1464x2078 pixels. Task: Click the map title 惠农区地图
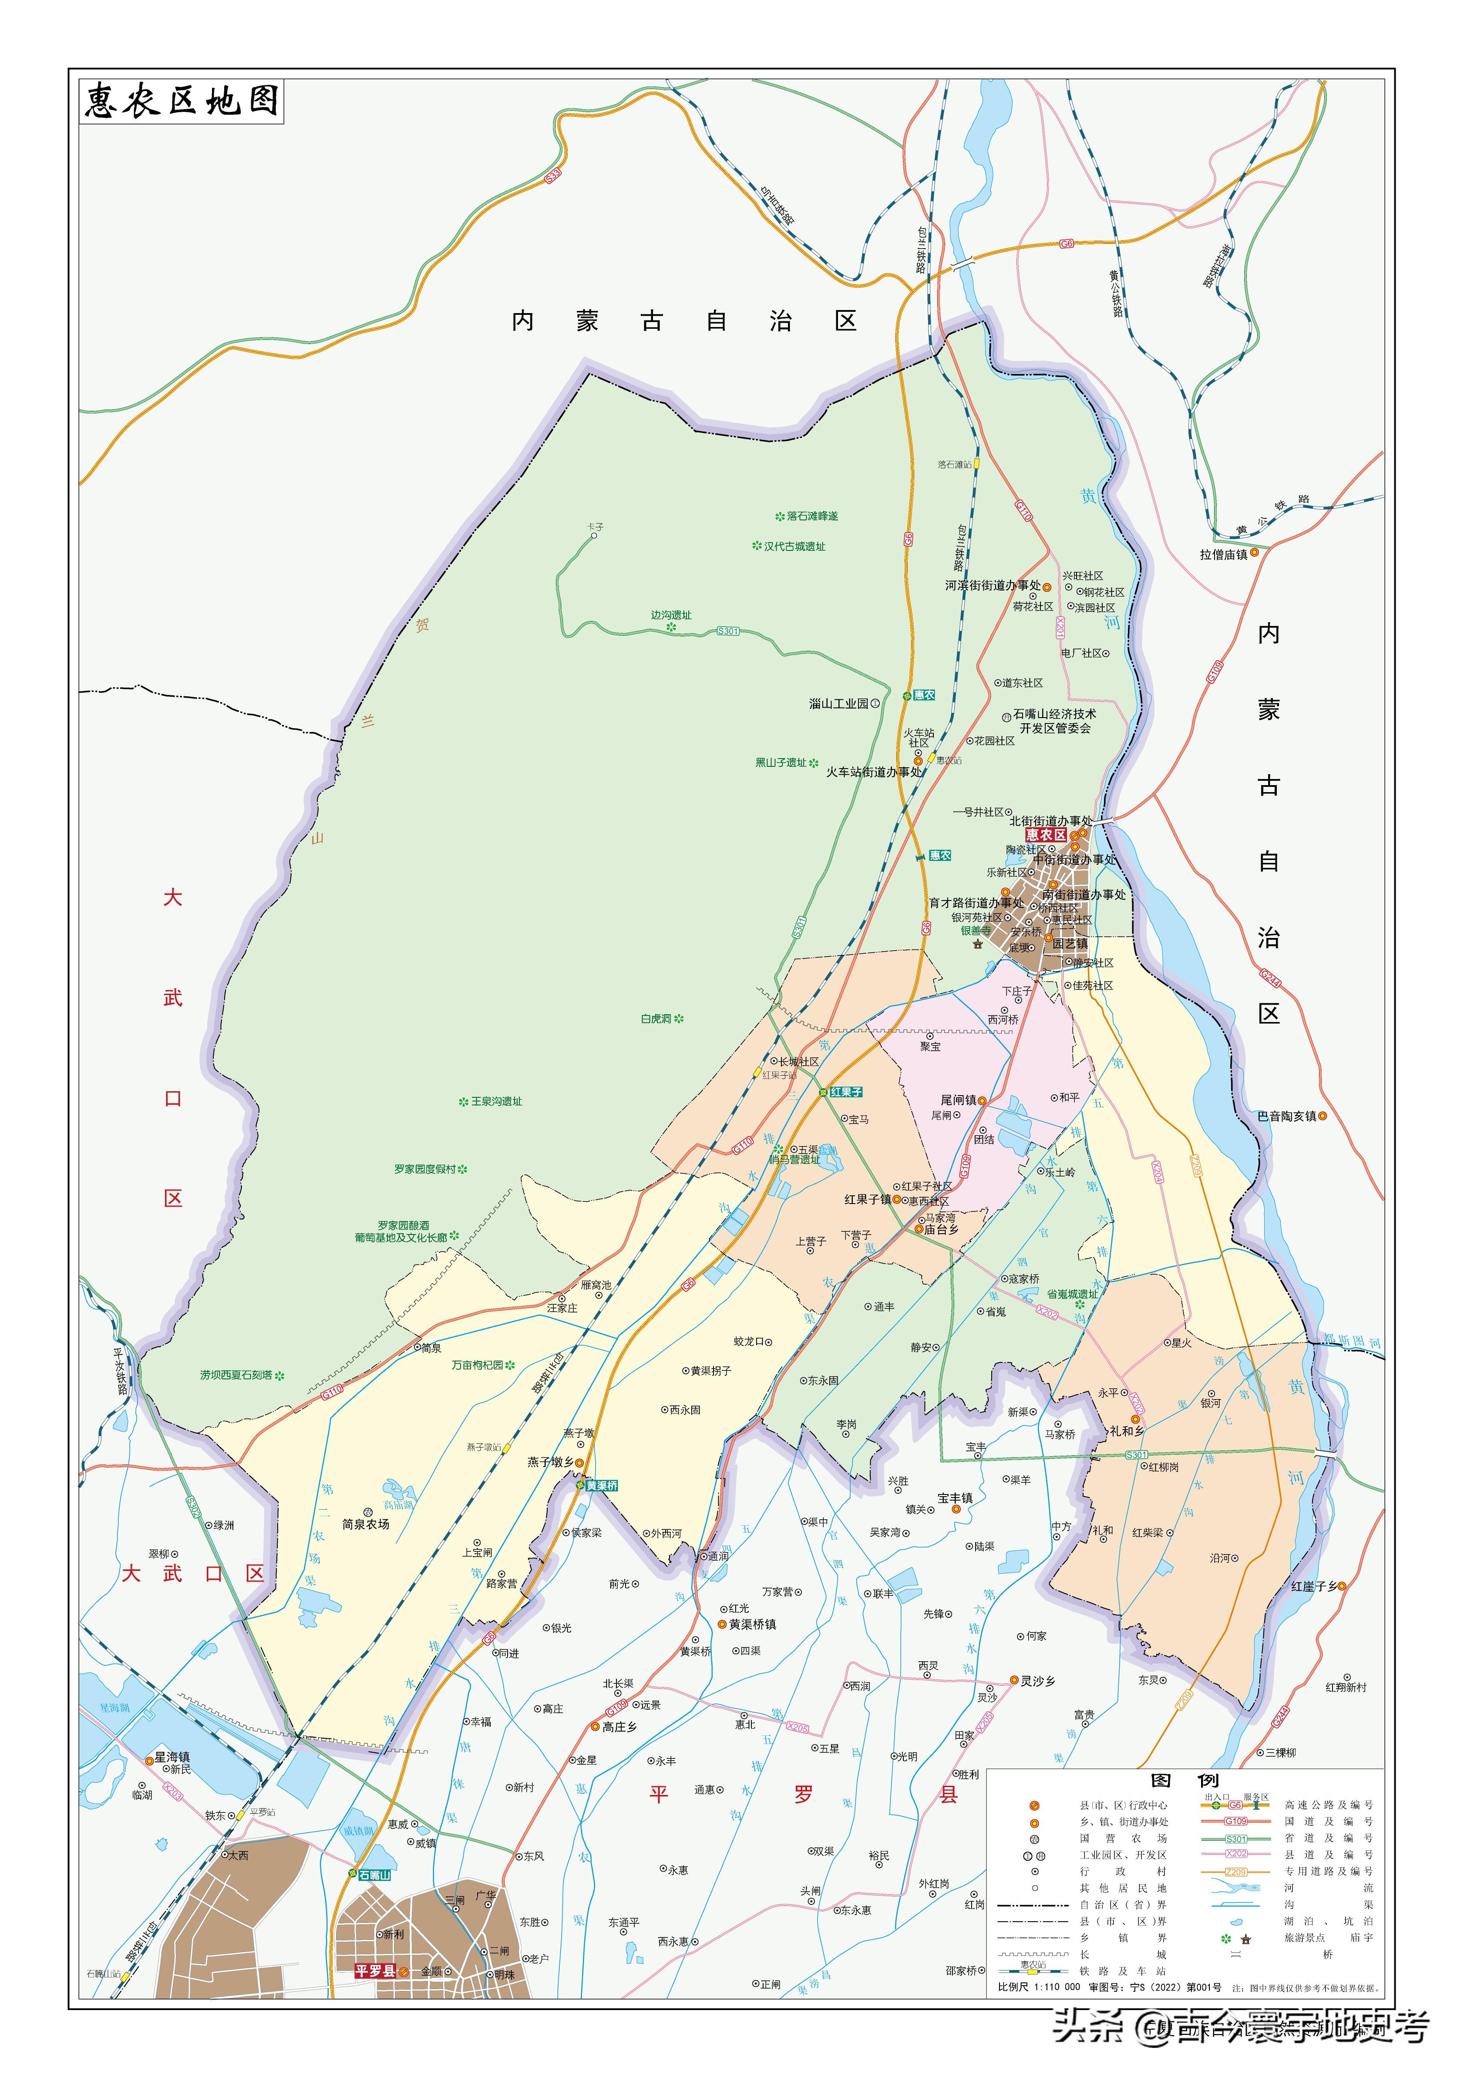click(181, 101)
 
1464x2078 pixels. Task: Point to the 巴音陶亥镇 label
click(1287, 1116)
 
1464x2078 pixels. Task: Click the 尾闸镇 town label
click(958, 1100)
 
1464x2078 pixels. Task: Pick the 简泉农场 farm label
click(366, 1524)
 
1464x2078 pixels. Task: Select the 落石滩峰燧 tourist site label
click(811, 516)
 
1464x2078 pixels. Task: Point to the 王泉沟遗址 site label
click(496, 1101)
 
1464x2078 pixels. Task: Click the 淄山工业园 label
click(839, 703)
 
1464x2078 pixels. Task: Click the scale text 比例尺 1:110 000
click(1038, 1987)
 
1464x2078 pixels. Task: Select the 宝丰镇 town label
click(955, 1498)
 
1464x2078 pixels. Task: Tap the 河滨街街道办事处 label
click(993, 586)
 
